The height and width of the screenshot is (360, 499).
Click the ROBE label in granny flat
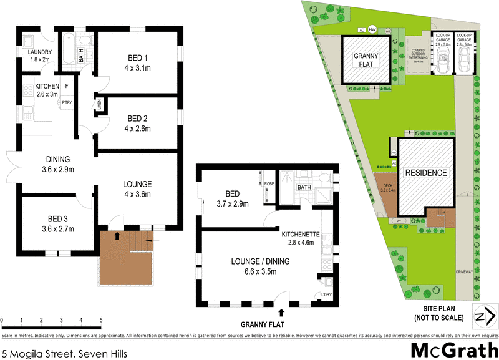pyautogui.click(x=269, y=185)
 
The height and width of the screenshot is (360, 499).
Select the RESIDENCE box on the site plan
pyautogui.click(x=427, y=172)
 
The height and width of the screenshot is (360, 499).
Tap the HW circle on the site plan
pyautogui.click(x=372, y=29)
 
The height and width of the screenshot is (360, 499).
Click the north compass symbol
pyautogui.click(x=481, y=317)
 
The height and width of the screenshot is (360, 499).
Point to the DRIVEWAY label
pyautogui.click(x=463, y=272)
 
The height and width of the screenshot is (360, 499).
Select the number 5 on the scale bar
pyautogui.click(x=101, y=321)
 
